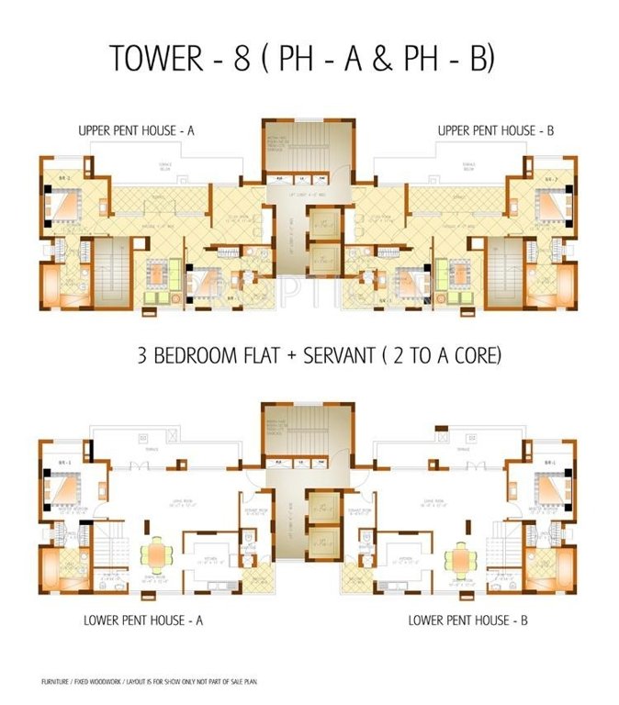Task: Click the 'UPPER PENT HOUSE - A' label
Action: pyautogui.click(x=136, y=132)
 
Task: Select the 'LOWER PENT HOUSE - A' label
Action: pyautogui.click(x=144, y=621)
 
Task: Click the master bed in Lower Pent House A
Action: pyautogui.click(x=64, y=487)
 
